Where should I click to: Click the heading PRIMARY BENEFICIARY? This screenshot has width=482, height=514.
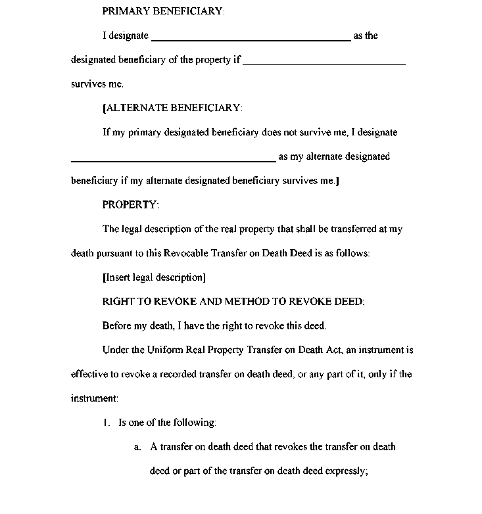(163, 11)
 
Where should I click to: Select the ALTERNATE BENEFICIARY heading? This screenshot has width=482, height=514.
(174, 108)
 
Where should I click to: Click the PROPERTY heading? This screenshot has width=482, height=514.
(130, 204)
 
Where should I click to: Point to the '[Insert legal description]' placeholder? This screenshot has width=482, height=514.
(154, 277)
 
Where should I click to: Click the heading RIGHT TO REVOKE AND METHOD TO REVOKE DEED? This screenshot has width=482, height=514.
(233, 302)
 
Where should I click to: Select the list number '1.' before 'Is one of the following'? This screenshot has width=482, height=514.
(106, 423)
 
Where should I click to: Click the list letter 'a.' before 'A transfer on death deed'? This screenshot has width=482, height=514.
(138, 447)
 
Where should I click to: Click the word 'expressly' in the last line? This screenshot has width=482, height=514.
(344, 471)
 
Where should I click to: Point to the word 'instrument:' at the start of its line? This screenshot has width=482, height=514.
(95, 398)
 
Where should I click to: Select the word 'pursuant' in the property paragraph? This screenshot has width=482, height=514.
(113, 253)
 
